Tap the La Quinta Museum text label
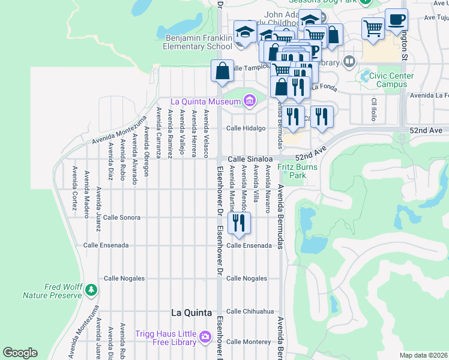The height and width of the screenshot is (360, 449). (206, 101)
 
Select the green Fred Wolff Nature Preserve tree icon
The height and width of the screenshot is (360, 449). (91, 290)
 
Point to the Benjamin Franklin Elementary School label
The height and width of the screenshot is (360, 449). (198, 42)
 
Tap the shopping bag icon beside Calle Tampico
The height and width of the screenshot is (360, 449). (222, 71)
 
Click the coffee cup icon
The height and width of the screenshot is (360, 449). (396, 19)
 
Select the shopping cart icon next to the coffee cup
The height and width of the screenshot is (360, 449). (373, 28)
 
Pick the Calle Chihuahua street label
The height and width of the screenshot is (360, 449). (250, 311)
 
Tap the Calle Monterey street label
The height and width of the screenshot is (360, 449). (249, 341)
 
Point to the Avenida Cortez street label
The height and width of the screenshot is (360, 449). (74, 188)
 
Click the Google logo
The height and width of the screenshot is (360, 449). (20, 353)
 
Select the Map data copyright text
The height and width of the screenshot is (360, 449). (424, 355)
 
